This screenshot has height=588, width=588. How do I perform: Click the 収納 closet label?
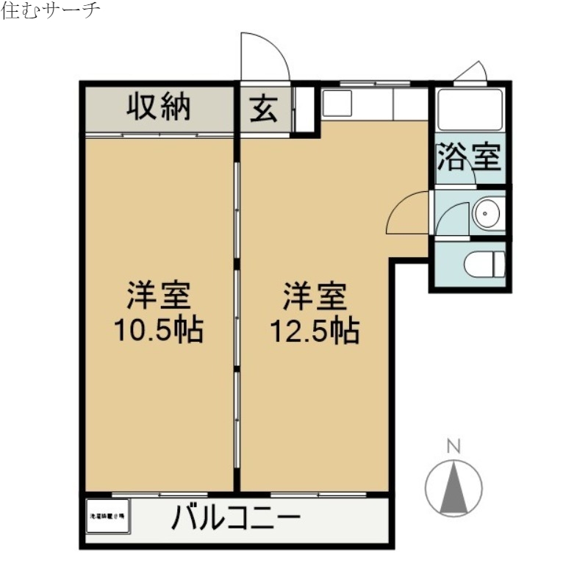(159, 109)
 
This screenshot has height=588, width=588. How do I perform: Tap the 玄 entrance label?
(262, 110)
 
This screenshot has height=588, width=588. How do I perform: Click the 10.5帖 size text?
(157, 331)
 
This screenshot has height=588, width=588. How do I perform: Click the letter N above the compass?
(454, 445)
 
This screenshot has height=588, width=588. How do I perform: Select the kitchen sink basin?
(339, 104)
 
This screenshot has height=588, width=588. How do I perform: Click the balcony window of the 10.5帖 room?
(159, 494)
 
